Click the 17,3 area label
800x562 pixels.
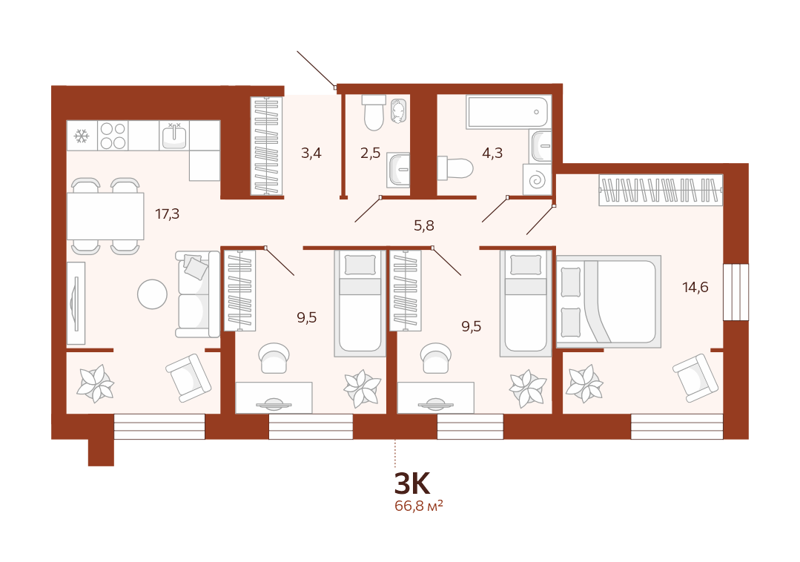point(168,214)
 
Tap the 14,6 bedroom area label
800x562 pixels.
point(695,287)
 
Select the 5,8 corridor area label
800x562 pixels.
point(424,225)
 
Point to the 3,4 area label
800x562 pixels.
point(311,153)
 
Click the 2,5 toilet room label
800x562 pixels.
point(371,153)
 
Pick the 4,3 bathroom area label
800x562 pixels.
point(492,153)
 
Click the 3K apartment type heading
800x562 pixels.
point(412,483)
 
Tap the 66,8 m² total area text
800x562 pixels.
point(418,506)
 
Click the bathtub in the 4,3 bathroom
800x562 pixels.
point(509,112)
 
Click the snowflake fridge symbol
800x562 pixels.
point(82,136)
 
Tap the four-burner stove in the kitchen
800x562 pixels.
point(113,136)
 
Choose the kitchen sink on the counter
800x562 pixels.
point(174,136)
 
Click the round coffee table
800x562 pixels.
point(153,294)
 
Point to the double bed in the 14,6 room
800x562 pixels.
point(609,302)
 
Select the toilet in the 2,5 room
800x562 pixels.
point(374,113)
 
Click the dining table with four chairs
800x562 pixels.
point(105,216)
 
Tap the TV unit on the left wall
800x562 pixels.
point(76,303)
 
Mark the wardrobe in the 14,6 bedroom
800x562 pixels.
point(661,191)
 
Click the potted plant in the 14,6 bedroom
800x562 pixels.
point(585,383)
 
